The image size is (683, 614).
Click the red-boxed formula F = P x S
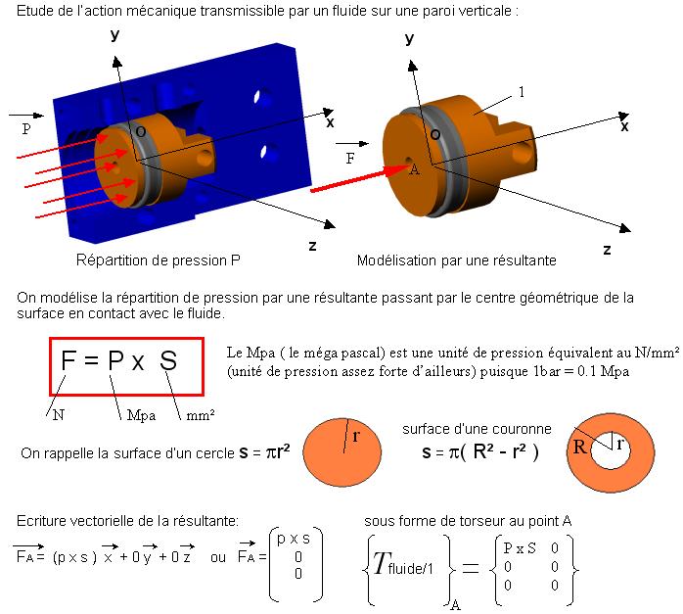[119, 360]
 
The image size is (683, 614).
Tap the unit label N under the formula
[59, 415]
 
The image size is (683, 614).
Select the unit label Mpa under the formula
[141, 416]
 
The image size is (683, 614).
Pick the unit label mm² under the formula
[201, 415]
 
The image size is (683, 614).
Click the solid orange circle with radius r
[341, 452]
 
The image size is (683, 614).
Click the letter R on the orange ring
[580, 447]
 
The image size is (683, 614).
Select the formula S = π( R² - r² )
[480, 451]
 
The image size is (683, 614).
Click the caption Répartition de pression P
[159, 260]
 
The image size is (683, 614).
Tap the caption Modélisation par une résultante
[457, 260]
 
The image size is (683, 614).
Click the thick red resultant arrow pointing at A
[360, 178]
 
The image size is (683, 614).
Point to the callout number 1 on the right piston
[522, 92]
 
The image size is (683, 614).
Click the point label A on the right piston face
[415, 169]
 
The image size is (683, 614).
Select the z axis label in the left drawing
[312, 246]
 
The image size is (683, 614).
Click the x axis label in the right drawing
[624, 126]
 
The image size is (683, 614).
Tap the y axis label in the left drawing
[115, 35]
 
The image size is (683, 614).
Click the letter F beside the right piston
[350, 159]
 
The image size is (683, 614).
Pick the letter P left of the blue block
[26, 128]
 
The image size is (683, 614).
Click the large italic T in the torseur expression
[381, 563]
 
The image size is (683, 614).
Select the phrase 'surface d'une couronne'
[477, 429]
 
